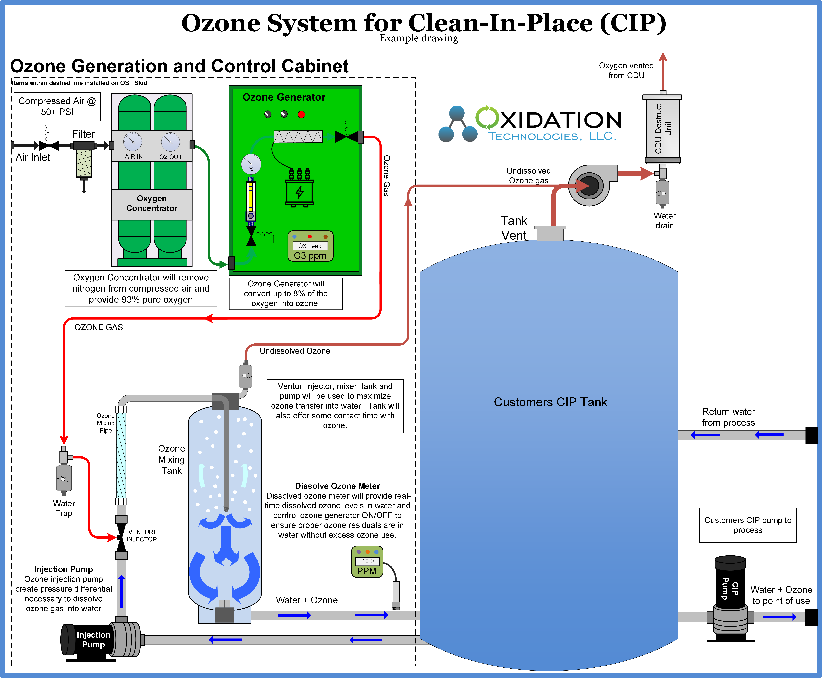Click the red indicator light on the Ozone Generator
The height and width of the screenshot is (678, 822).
[301, 114]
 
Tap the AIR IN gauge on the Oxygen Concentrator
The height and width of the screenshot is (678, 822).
[133, 141]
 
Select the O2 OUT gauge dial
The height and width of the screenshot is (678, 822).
[170, 141]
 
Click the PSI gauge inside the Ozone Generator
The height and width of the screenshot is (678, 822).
[251, 164]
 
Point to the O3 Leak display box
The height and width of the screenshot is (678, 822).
[310, 246]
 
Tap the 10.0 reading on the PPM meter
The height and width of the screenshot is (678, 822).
[367, 561]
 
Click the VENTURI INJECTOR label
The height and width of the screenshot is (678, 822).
[141, 535]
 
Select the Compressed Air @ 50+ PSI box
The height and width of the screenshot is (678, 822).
[57, 106]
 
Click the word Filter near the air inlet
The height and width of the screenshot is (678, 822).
[83, 134]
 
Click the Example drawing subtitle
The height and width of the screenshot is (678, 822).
[419, 38]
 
